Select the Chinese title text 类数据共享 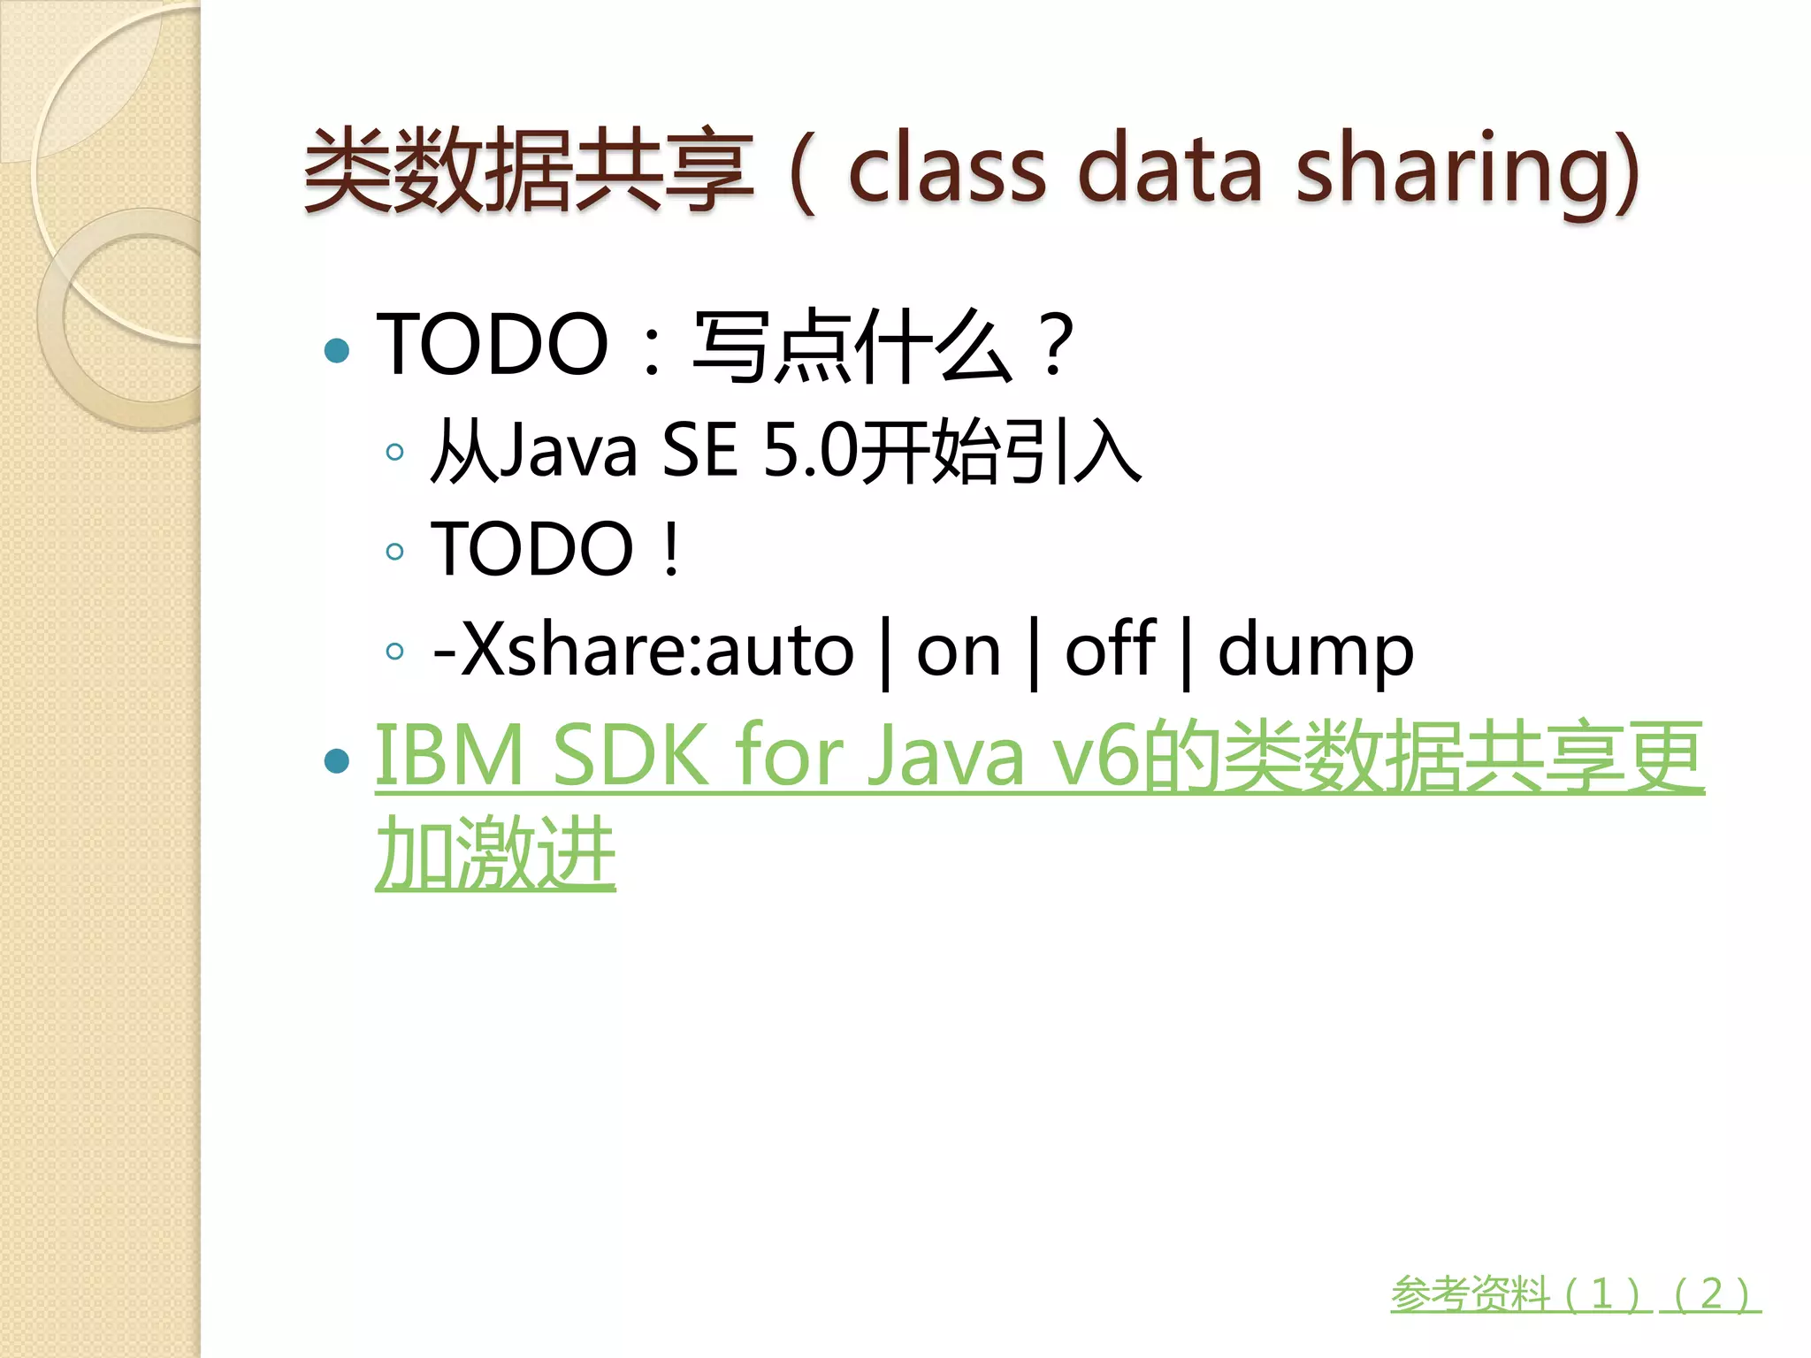[x=529, y=170]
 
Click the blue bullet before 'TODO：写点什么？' [x=337, y=351]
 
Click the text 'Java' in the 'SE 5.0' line [x=568, y=451]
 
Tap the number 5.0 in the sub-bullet [x=809, y=451]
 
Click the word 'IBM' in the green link [x=450, y=756]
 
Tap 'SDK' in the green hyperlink [x=630, y=756]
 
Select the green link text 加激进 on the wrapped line [x=495, y=853]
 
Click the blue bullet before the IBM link [x=337, y=760]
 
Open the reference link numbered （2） [x=1712, y=1294]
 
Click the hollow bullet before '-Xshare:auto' [x=395, y=652]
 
